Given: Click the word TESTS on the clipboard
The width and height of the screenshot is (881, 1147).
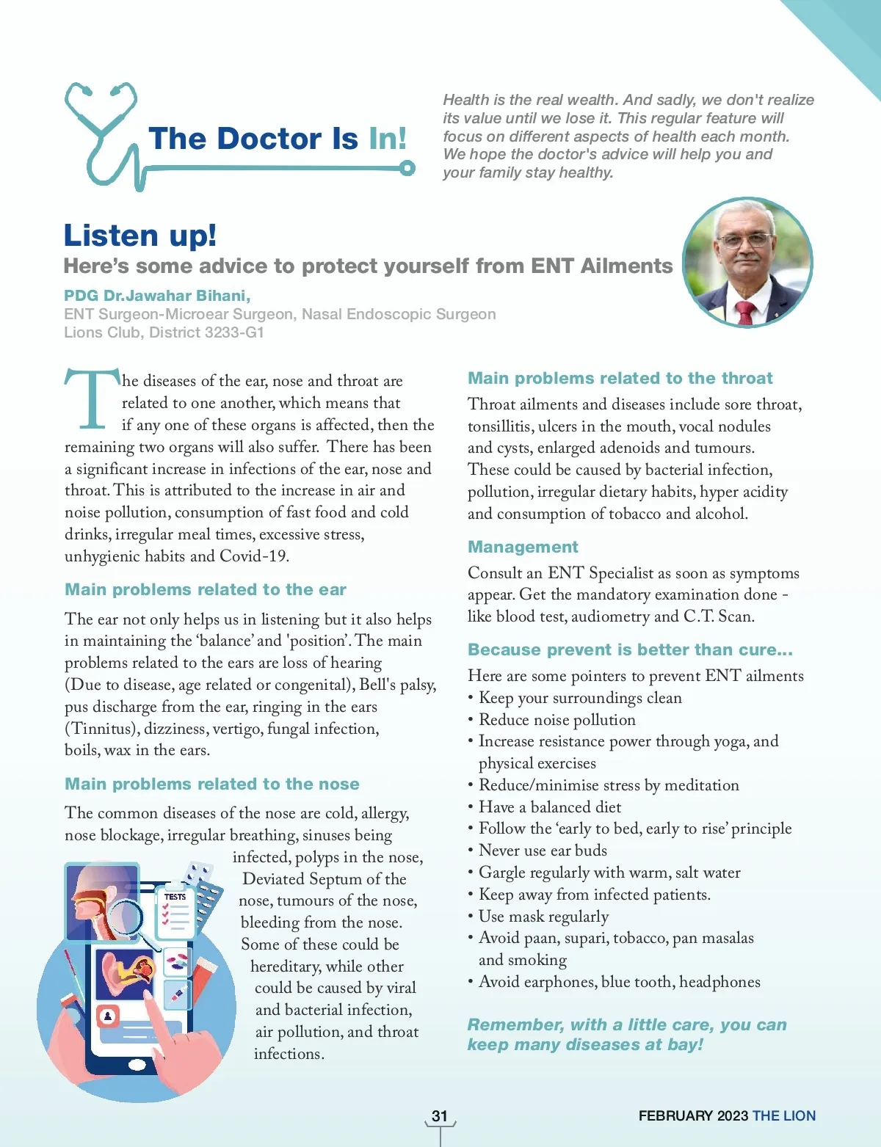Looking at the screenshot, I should point(175,897).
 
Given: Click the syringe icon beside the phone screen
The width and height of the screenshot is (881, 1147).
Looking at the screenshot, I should point(177,995).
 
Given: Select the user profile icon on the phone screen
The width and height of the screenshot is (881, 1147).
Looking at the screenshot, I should point(108,1016).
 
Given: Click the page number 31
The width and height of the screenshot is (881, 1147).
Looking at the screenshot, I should point(440,1116).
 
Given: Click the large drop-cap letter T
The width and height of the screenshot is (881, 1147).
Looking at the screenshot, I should point(91,398).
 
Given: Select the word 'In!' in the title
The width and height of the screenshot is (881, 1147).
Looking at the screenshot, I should point(387,139).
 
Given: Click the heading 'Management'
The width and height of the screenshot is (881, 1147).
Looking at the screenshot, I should point(523,547).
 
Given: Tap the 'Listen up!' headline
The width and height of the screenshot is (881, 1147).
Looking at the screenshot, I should point(140,236).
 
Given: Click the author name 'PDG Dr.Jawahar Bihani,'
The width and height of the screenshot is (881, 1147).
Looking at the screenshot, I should point(157,296).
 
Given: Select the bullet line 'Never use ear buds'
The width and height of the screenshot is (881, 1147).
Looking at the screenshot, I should point(543,851).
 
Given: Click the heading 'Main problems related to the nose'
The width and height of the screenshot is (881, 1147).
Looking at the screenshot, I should point(212,784).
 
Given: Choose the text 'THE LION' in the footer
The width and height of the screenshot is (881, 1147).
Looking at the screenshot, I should point(784,1116).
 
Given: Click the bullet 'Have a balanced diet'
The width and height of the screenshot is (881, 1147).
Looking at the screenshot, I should point(550,807).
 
